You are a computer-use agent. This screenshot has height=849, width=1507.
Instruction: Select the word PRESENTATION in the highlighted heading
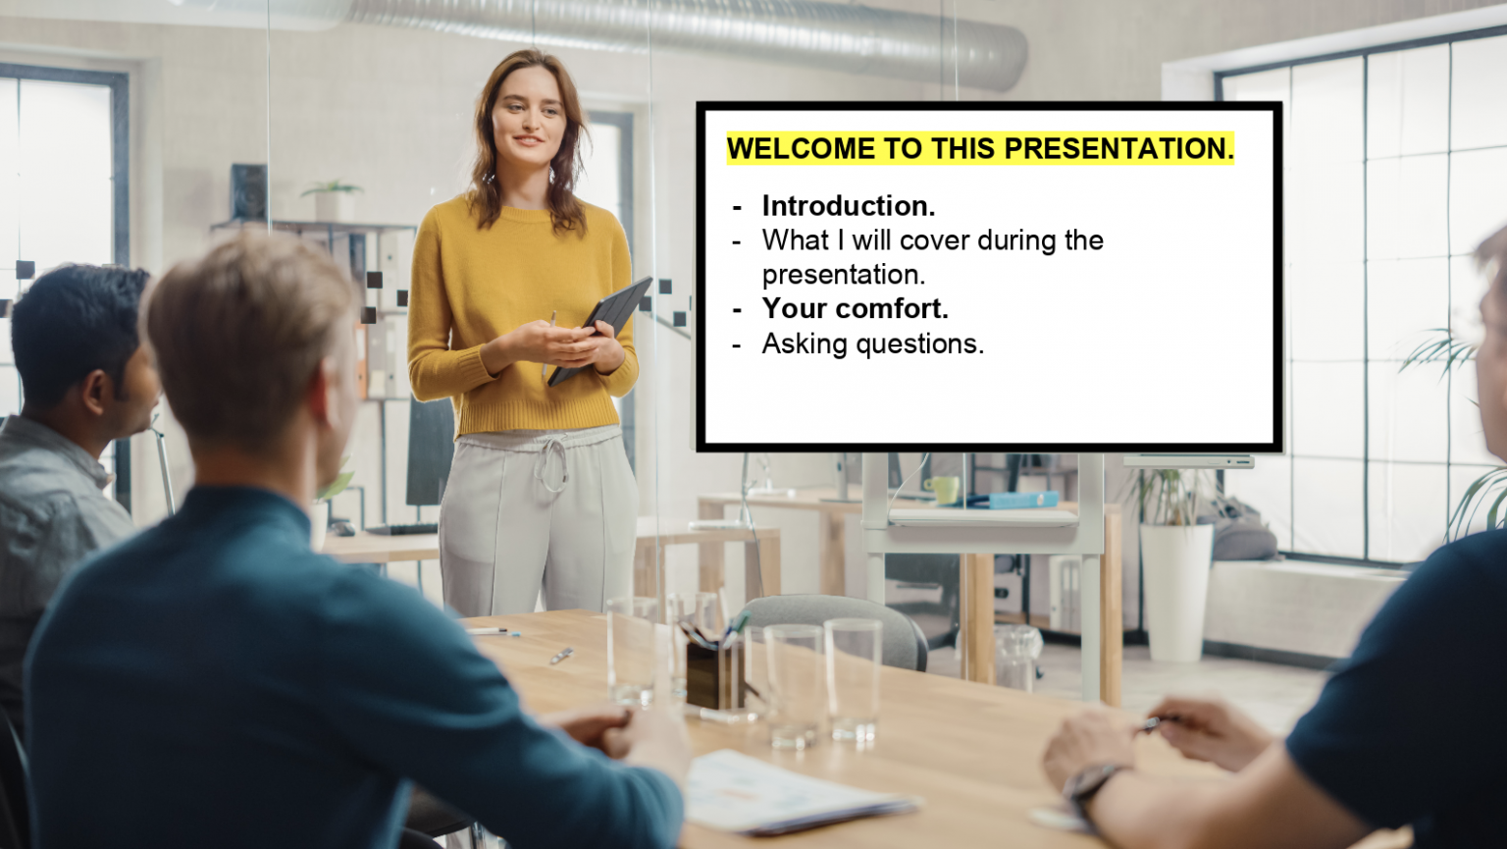click(x=1118, y=149)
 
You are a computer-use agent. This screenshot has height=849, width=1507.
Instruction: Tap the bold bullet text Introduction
click(x=848, y=206)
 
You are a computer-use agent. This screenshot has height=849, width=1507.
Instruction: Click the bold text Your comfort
click(x=855, y=308)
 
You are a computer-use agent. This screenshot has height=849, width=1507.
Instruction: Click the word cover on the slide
click(x=934, y=240)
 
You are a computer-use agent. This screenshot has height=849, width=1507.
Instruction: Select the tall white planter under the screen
click(x=1175, y=589)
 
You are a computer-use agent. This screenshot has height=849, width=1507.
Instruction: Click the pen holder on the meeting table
click(x=714, y=673)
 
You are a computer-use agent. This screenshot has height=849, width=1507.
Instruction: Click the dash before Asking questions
click(x=737, y=344)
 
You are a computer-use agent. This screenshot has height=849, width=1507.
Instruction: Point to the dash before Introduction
click(x=737, y=206)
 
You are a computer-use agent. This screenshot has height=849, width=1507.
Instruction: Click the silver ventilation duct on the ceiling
click(x=687, y=29)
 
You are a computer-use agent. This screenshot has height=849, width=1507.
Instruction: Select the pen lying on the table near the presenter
click(x=489, y=631)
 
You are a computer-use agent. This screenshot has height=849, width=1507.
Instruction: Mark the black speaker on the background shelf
click(x=249, y=191)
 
